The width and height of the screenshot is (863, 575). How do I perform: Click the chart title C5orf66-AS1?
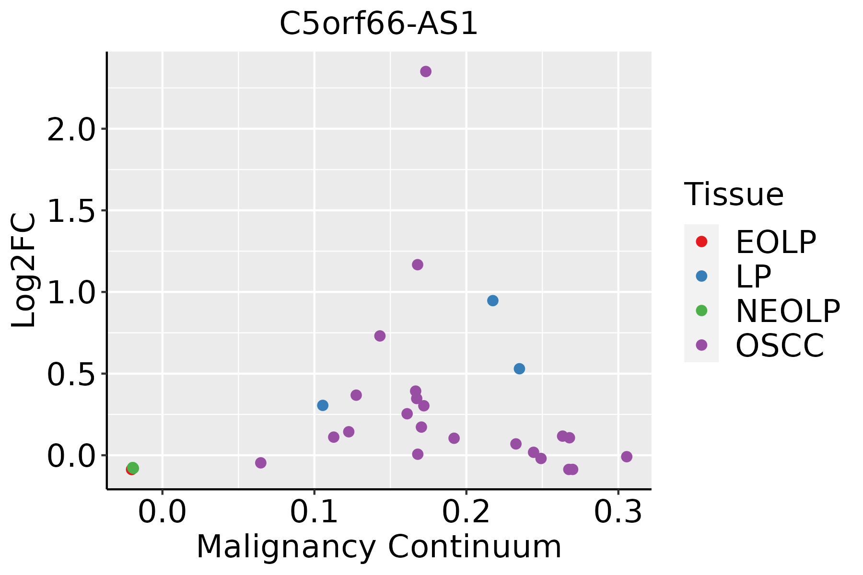point(379,24)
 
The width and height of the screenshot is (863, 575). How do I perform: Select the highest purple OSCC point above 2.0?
point(426,71)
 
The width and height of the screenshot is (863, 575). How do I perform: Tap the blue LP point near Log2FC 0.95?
point(493,300)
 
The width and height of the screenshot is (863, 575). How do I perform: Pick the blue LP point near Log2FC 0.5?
point(519,368)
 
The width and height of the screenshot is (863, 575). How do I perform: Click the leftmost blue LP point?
point(323,405)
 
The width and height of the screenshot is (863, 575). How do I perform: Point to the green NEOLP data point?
point(133,468)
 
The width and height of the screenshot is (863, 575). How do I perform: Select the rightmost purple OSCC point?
point(627,457)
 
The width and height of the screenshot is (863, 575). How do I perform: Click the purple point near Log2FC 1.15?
point(418,264)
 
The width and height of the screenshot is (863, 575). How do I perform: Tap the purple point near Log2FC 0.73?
point(380,336)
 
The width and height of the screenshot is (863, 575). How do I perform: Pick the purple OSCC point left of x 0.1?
point(261,462)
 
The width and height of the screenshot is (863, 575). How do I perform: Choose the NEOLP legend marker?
point(701,310)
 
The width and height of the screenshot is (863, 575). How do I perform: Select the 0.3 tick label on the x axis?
point(618,512)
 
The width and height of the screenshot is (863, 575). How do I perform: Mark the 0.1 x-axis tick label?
point(314,512)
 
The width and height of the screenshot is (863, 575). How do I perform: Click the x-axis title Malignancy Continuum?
point(379,547)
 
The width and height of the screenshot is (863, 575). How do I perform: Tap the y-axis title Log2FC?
point(24,271)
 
